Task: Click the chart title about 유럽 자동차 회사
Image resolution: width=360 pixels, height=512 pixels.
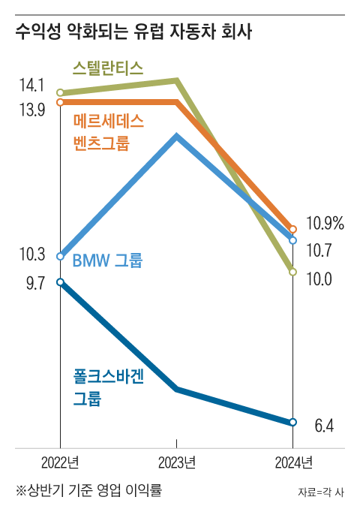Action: point(133,32)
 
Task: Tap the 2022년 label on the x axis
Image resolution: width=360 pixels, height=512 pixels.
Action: point(59,460)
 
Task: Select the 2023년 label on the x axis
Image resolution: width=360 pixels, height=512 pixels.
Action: point(176,460)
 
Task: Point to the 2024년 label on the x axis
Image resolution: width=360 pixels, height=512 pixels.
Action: point(292,460)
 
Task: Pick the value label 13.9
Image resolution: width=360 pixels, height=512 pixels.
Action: point(31,110)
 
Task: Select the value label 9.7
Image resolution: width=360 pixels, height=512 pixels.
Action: point(31,283)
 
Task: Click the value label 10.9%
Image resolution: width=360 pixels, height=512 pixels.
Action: point(325,223)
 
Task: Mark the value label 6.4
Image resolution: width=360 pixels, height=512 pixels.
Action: point(323,426)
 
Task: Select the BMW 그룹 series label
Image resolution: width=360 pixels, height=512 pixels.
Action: point(106,261)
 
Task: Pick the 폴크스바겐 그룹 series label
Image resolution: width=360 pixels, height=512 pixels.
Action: point(108,387)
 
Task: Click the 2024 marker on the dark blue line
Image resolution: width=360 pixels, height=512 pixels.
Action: point(293,422)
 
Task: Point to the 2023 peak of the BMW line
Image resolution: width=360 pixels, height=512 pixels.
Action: point(176,137)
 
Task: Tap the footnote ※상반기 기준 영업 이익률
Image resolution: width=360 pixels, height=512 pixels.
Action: point(89,490)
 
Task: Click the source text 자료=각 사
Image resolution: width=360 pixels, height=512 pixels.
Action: point(320,492)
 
